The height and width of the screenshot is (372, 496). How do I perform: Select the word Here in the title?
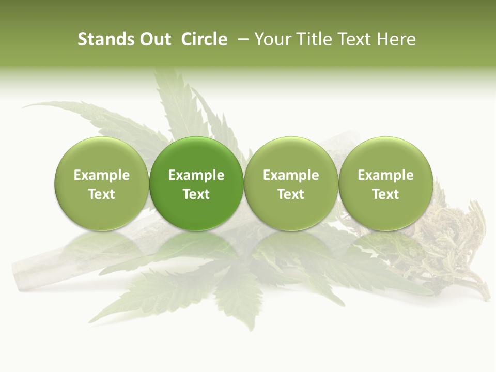point(397,39)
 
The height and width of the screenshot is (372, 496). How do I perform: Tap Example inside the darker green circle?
point(196,175)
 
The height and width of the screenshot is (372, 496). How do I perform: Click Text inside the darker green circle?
point(196,194)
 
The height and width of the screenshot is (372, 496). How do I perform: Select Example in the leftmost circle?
point(102,175)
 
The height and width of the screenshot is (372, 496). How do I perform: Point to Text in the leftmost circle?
point(102,194)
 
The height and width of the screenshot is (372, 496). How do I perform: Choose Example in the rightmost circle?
point(386,175)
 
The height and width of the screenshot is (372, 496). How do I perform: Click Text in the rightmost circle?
point(386,194)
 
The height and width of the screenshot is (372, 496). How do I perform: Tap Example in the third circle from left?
point(291,175)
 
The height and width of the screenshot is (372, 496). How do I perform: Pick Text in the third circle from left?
point(291,194)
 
